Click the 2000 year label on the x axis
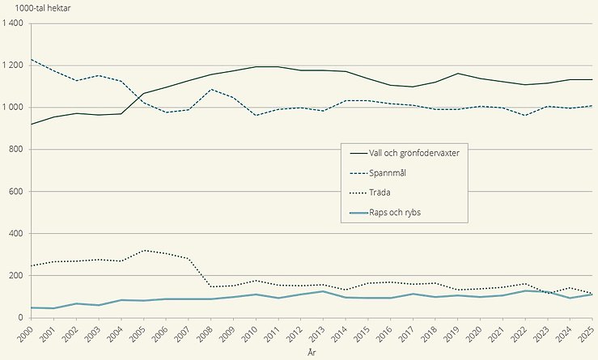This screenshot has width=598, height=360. pos(32,332)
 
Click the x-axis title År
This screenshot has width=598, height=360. pos(311,354)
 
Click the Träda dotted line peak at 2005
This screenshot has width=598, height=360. pos(143,251)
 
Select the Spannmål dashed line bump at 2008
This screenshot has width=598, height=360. pos(210,89)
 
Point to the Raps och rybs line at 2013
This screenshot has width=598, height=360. pos(323,291)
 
